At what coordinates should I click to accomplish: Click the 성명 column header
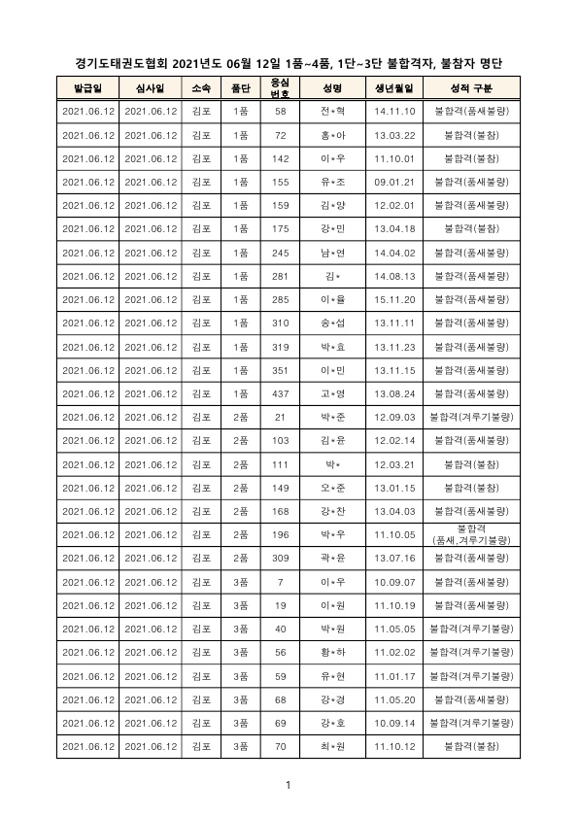pyautogui.click(x=332, y=88)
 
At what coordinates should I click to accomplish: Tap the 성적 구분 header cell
pyautogui.click(x=473, y=88)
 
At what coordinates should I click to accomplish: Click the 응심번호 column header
pyautogui.click(x=280, y=88)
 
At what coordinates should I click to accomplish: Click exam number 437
pyautogui.click(x=280, y=394)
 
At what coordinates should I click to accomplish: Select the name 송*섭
pyautogui.click(x=332, y=323)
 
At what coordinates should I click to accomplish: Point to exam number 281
pyautogui.click(x=280, y=276)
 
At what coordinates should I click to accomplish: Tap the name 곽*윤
pyautogui.click(x=332, y=559)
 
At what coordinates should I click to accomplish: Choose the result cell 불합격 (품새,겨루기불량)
pyautogui.click(x=473, y=535)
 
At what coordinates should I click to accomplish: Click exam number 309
pyautogui.click(x=280, y=559)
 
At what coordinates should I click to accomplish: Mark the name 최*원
pyautogui.click(x=332, y=747)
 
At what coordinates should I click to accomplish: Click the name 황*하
pyautogui.click(x=332, y=653)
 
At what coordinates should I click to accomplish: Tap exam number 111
pyautogui.click(x=280, y=464)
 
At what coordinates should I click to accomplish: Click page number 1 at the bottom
pyautogui.click(x=289, y=785)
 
